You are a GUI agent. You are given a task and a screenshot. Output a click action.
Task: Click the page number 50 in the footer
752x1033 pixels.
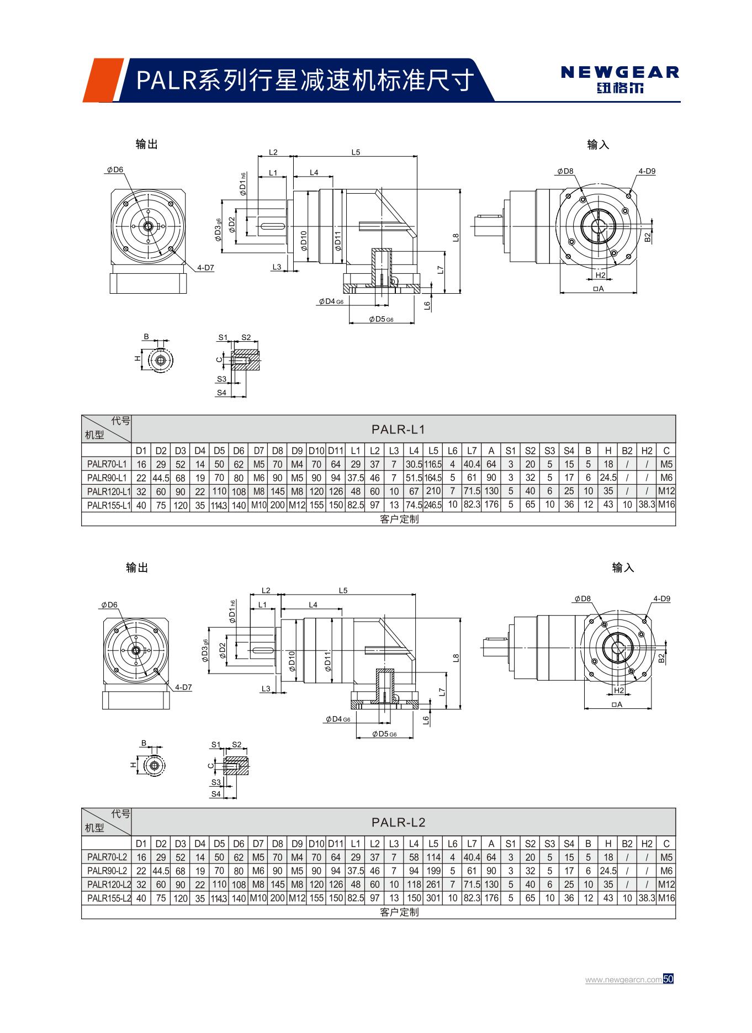click(x=669, y=979)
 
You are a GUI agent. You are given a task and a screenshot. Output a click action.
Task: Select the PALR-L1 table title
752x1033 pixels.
click(x=398, y=429)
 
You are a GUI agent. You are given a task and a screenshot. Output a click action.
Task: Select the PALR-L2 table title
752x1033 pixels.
click(x=398, y=822)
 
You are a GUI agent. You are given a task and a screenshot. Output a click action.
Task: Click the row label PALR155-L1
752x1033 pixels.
click(x=107, y=505)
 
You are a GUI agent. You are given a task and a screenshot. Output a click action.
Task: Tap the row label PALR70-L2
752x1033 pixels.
click(x=107, y=857)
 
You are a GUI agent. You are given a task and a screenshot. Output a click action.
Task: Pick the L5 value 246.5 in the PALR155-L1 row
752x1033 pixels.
click(x=433, y=505)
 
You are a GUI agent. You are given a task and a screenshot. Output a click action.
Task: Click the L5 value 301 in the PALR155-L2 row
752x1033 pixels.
click(x=433, y=898)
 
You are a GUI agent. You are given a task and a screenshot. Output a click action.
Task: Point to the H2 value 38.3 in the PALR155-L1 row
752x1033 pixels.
click(x=647, y=505)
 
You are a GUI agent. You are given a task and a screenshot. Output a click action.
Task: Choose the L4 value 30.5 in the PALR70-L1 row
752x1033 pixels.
click(x=414, y=464)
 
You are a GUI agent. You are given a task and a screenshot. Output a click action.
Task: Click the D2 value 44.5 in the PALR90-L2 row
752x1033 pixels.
click(x=161, y=871)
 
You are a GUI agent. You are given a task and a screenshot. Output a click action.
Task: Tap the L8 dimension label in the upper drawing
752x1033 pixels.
click(x=456, y=238)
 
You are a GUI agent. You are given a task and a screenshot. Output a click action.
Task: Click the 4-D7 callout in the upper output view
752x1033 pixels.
click(x=205, y=268)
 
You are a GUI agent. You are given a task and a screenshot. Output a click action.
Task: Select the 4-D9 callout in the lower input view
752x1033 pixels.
click(x=661, y=598)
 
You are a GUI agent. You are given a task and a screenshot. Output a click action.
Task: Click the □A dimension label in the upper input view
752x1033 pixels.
click(x=597, y=289)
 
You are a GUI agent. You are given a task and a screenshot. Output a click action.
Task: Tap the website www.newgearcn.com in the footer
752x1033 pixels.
click(x=623, y=980)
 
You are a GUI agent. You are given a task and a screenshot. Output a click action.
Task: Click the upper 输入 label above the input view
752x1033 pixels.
click(x=598, y=145)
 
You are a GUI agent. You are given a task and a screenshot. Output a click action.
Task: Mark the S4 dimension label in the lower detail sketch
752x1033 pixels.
click(x=216, y=794)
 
